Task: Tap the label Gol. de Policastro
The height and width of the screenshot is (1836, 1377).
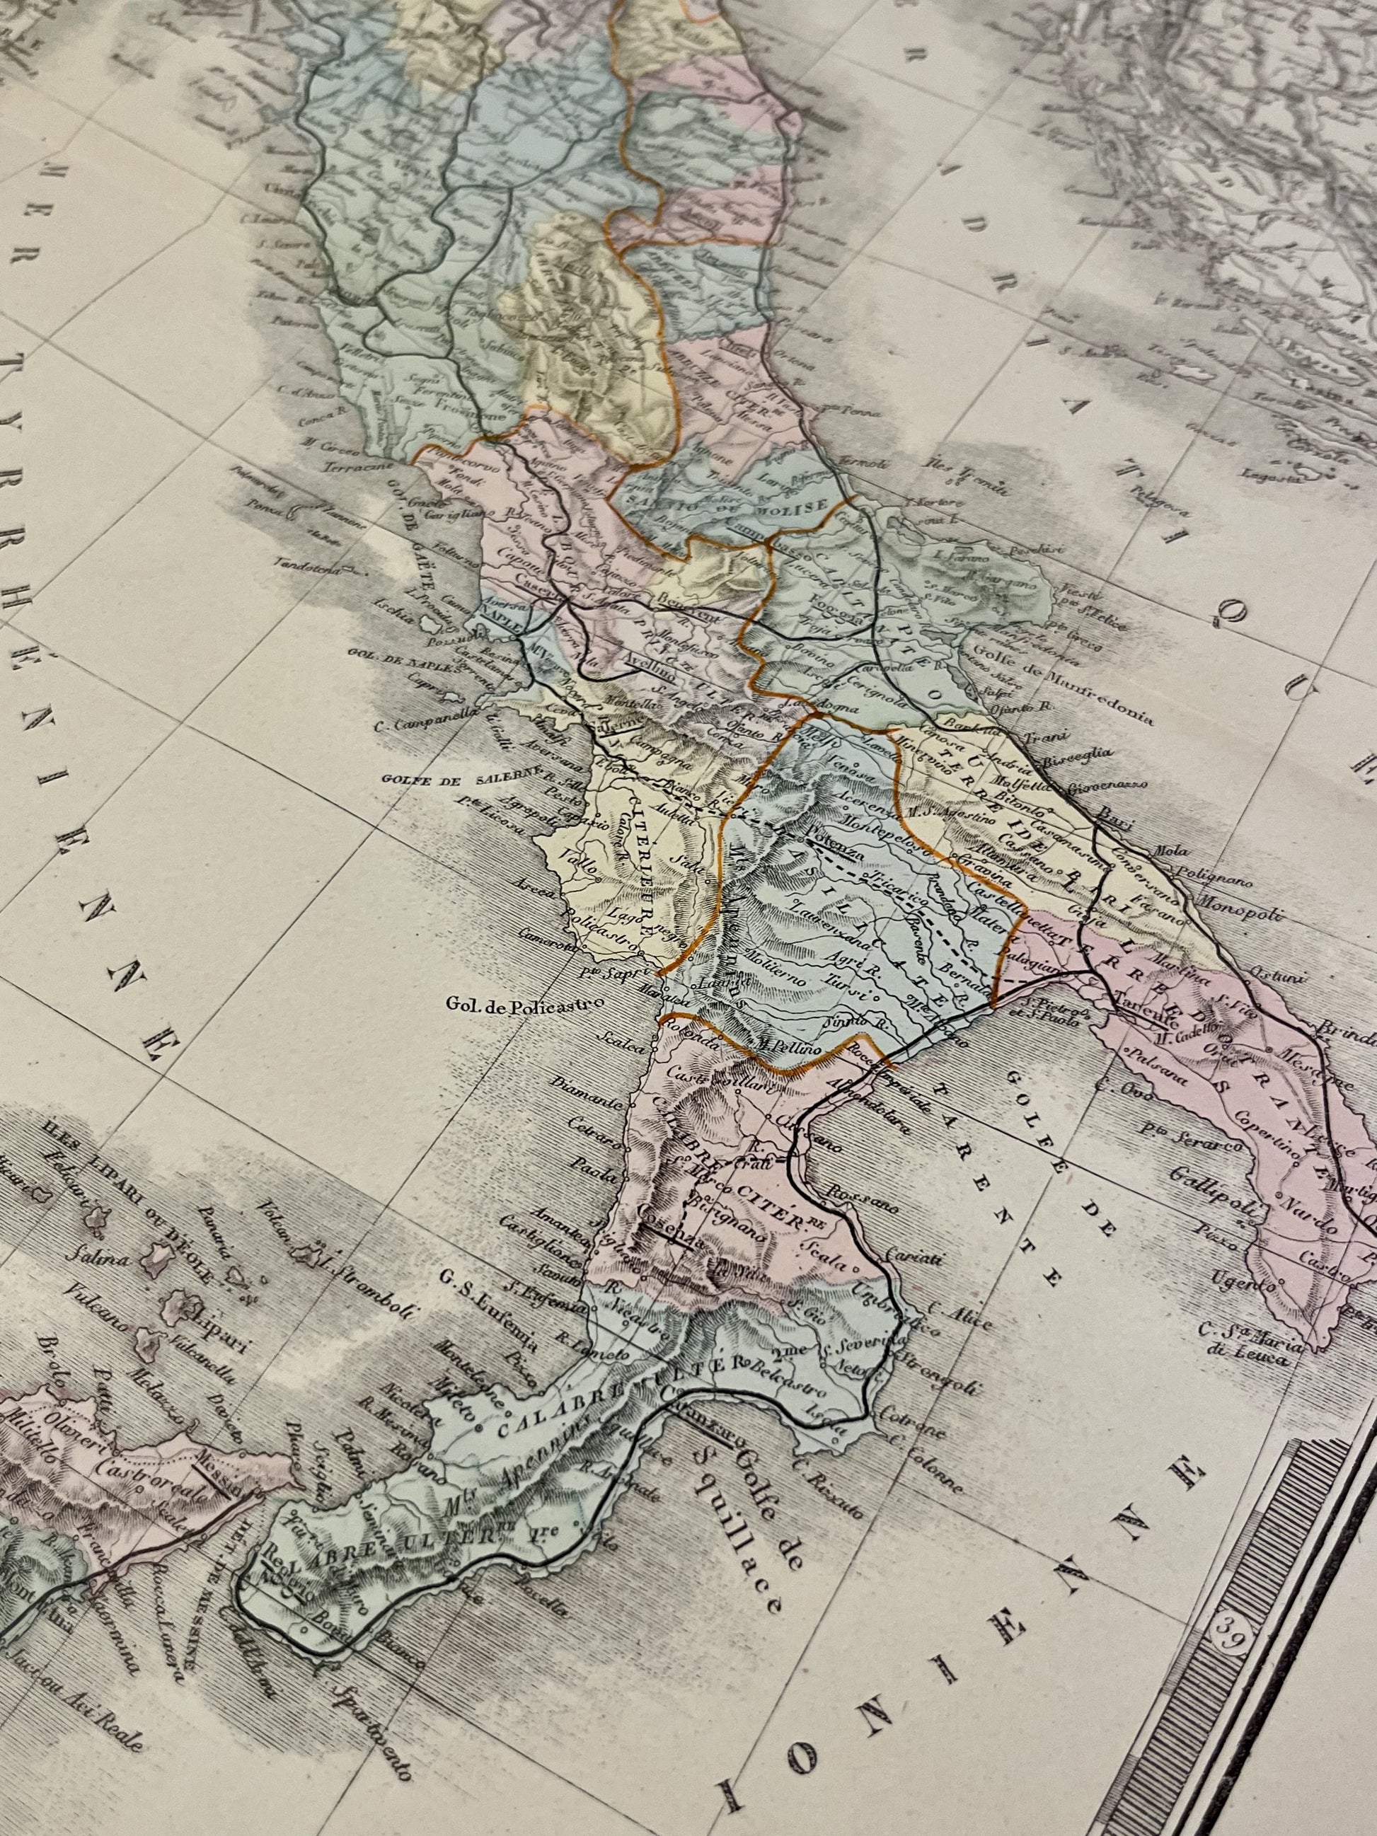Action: coord(518,1007)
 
